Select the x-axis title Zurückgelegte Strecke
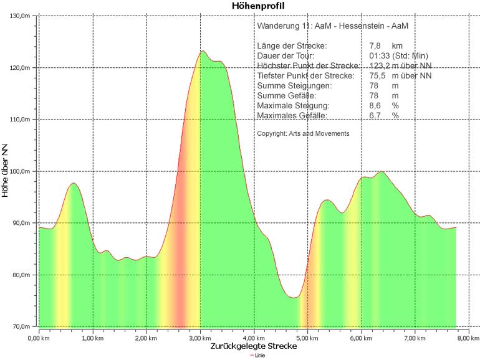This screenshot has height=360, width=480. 253,346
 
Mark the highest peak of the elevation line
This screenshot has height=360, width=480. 203,51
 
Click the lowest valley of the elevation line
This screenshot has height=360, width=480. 294,298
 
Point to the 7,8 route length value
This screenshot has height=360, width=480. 375,46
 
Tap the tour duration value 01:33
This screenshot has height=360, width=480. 380,56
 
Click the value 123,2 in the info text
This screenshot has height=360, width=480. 380,66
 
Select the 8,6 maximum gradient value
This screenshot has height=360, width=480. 375,106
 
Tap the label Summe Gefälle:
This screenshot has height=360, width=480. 286,96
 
